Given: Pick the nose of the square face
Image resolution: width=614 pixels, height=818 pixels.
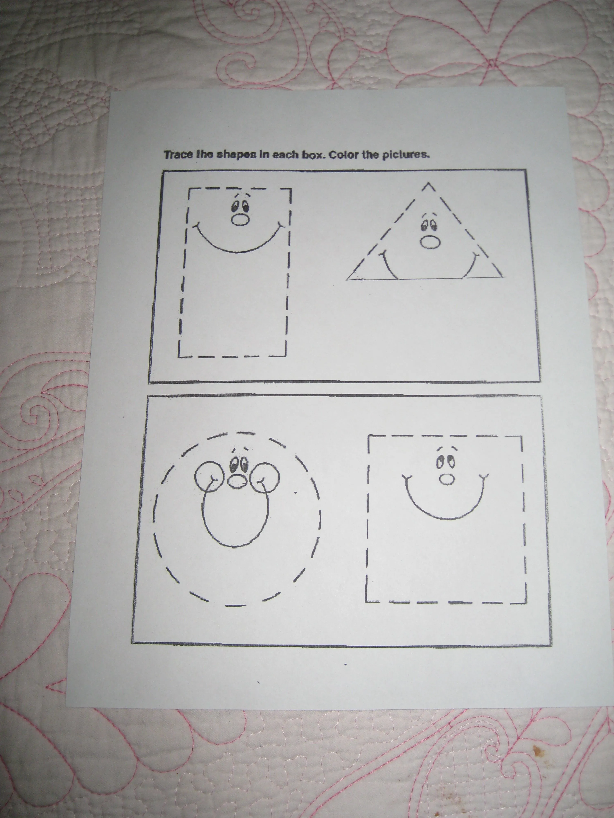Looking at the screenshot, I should coord(447,479).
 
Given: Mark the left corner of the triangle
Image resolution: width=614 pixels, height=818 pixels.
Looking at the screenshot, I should coord(348,279).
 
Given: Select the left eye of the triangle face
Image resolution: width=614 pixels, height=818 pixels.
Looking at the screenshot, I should coord(425,225).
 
